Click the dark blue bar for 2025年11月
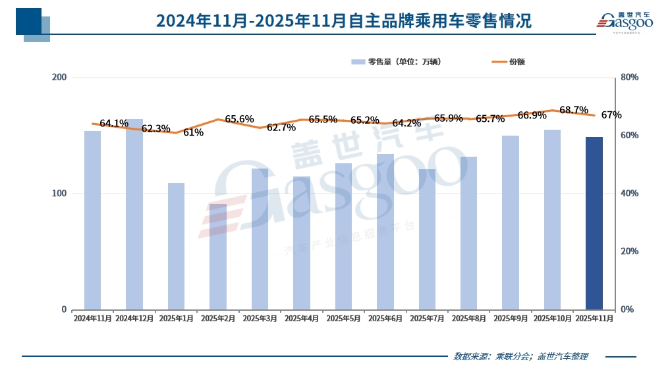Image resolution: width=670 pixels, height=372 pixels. (594, 223)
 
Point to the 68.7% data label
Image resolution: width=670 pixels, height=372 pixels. (573, 109)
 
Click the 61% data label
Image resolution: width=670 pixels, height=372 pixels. (193, 132)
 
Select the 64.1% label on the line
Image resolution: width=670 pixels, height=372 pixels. (114, 123)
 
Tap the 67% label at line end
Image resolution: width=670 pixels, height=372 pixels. (611, 115)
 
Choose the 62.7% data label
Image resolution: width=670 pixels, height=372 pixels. (281, 128)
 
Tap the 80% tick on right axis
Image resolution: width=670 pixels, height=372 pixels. (630, 78)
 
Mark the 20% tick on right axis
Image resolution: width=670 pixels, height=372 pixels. (630, 252)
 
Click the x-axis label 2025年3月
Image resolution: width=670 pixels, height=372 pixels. (260, 319)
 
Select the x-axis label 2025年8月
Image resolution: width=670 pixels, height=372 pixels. (468, 319)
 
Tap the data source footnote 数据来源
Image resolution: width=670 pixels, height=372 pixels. (520, 357)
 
